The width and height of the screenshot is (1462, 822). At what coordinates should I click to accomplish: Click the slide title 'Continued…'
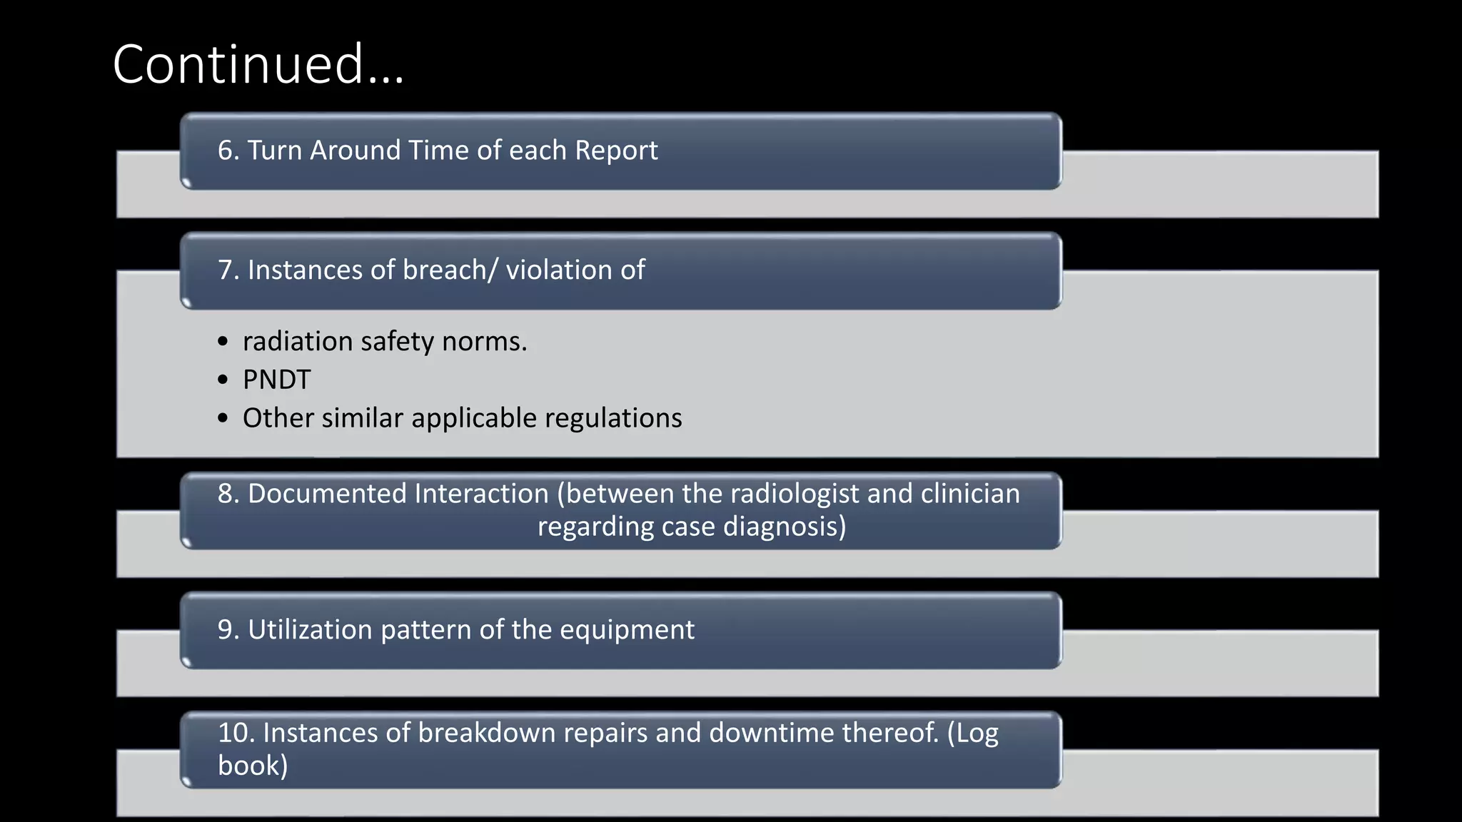pyautogui.click(x=258, y=64)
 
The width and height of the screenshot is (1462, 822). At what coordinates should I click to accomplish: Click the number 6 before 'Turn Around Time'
pyautogui.click(x=226, y=151)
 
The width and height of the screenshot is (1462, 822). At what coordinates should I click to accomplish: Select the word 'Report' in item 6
pyautogui.click(x=616, y=151)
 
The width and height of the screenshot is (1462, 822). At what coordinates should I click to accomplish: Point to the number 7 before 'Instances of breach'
pyautogui.click(x=226, y=270)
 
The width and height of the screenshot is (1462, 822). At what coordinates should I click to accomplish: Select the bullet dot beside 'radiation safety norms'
pyautogui.click(x=223, y=342)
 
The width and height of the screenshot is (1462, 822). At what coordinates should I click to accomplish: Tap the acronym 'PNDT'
pyautogui.click(x=276, y=380)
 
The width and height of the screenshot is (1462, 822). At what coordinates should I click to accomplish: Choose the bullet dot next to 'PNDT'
pyautogui.click(x=223, y=380)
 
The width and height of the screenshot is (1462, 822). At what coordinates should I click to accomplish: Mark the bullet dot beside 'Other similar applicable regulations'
pyautogui.click(x=223, y=418)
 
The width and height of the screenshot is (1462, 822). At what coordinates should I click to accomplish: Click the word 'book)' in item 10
pyautogui.click(x=253, y=766)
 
